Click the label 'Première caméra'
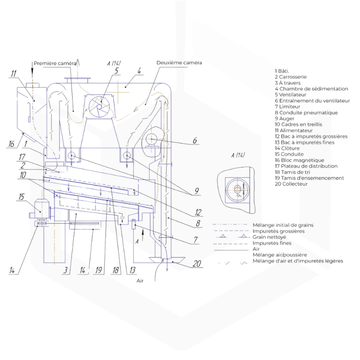point(55,63)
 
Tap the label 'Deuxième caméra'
point(179,63)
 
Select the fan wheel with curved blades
point(100,107)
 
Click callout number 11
point(14,74)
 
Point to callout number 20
point(197,264)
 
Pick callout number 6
point(195,140)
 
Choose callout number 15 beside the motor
point(21,197)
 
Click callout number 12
point(198,212)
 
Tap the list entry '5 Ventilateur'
point(291,95)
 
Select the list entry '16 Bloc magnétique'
point(300,160)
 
